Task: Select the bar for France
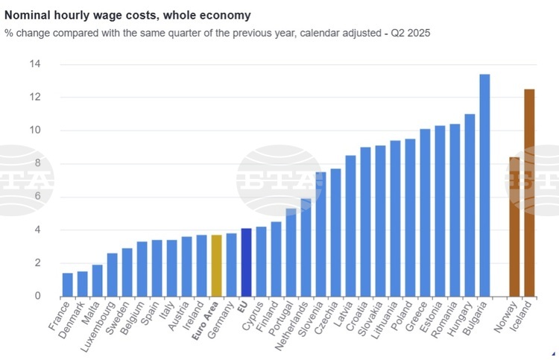67,284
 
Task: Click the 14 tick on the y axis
35,64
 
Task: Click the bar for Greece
425,212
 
